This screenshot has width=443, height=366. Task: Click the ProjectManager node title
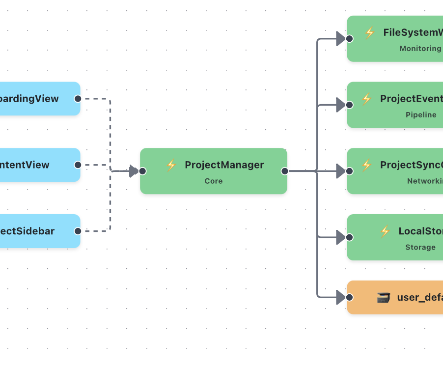224,165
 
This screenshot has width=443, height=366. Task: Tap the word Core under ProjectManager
214,181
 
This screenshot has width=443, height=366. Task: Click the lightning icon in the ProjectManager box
171,165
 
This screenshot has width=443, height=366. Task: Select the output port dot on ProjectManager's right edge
284,171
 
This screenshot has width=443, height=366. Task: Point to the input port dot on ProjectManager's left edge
142,171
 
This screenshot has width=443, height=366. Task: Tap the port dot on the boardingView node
78,99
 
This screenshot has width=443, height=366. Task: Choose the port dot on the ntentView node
78,165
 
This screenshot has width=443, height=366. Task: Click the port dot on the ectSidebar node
78,231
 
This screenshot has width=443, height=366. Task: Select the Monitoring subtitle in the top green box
420,49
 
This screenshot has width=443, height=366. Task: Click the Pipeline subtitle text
421,115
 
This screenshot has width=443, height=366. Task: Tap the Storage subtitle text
420,247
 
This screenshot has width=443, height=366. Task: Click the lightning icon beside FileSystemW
370,33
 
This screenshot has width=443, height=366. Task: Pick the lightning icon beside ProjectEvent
366,99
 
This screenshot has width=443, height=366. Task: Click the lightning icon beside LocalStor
385,231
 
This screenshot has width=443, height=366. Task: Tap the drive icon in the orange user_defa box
383,297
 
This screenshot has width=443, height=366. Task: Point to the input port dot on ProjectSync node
350,171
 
